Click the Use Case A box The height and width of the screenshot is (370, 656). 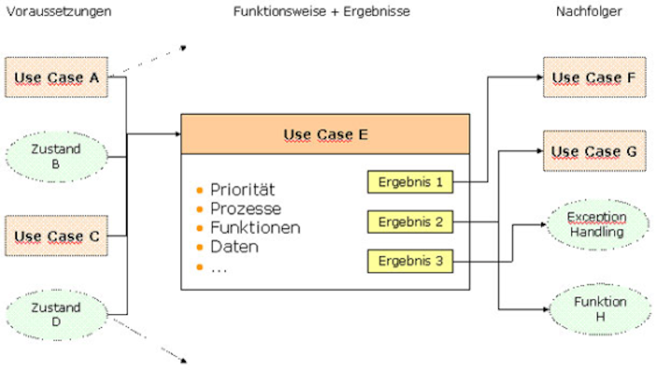coord(56,78)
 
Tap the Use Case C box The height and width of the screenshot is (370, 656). coord(56,235)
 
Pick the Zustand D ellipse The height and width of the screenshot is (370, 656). coord(56,314)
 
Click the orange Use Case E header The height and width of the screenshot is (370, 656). coord(325,134)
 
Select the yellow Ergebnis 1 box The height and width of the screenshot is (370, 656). coord(410,182)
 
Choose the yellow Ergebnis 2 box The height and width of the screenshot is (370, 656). coord(410,222)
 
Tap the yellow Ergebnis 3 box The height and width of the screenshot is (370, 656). coord(410,262)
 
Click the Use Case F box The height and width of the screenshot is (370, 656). coord(593,78)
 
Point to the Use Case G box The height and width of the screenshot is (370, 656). coord(593,152)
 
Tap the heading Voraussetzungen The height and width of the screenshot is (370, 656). coord(58,12)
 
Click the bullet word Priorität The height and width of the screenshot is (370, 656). coord(243,190)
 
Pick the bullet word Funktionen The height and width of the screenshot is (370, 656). coord(255,228)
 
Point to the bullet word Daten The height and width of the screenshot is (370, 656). coord(234,247)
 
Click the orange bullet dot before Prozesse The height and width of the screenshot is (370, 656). coord(201,209)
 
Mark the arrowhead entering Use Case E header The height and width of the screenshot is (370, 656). coord(177,134)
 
